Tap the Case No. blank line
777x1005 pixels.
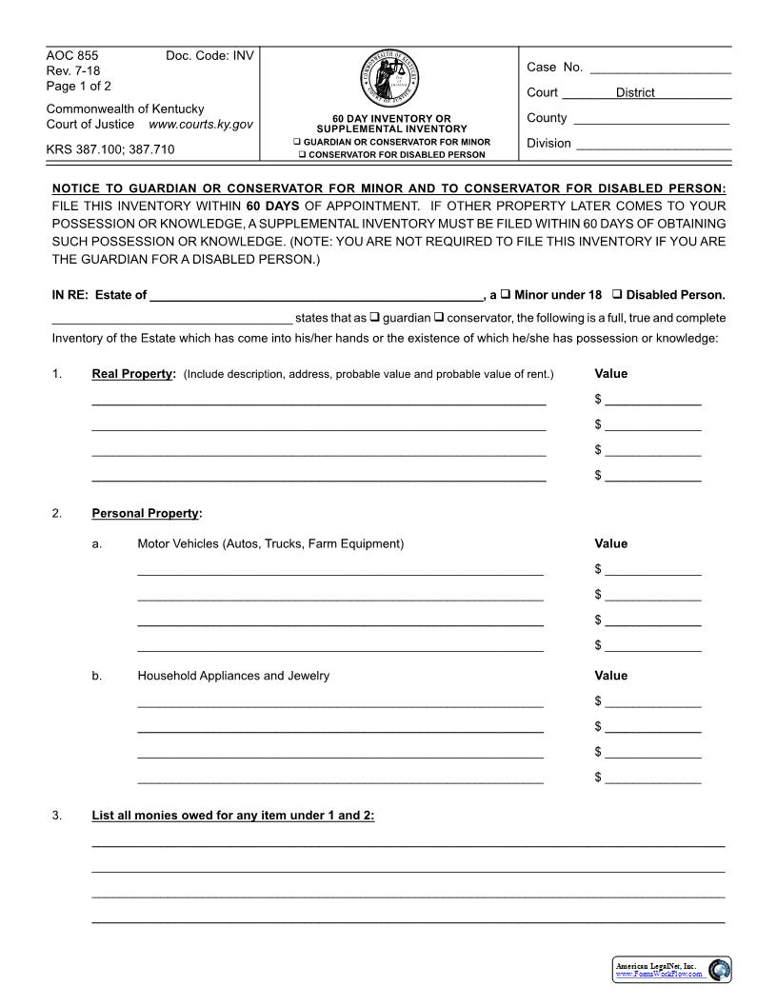coord(660,69)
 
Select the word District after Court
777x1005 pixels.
coord(635,93)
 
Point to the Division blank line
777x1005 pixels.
coord(653,145)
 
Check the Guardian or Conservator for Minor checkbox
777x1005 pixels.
coord(297,142)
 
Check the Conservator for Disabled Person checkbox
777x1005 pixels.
coord(303,154)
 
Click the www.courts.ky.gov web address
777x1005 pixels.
coord(201,125)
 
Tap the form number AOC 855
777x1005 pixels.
coord(72,56)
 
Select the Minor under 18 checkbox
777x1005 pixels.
coord(506,294)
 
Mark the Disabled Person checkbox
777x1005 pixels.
coord(617,294)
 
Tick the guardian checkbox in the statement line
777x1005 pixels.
coord(374,317)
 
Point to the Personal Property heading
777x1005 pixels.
coord(146,514)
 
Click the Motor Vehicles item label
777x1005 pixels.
coord(270,544)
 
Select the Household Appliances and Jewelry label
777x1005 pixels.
coord(233,676)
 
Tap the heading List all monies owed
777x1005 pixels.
coord(232,816)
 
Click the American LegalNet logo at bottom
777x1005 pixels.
coord(672,969)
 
